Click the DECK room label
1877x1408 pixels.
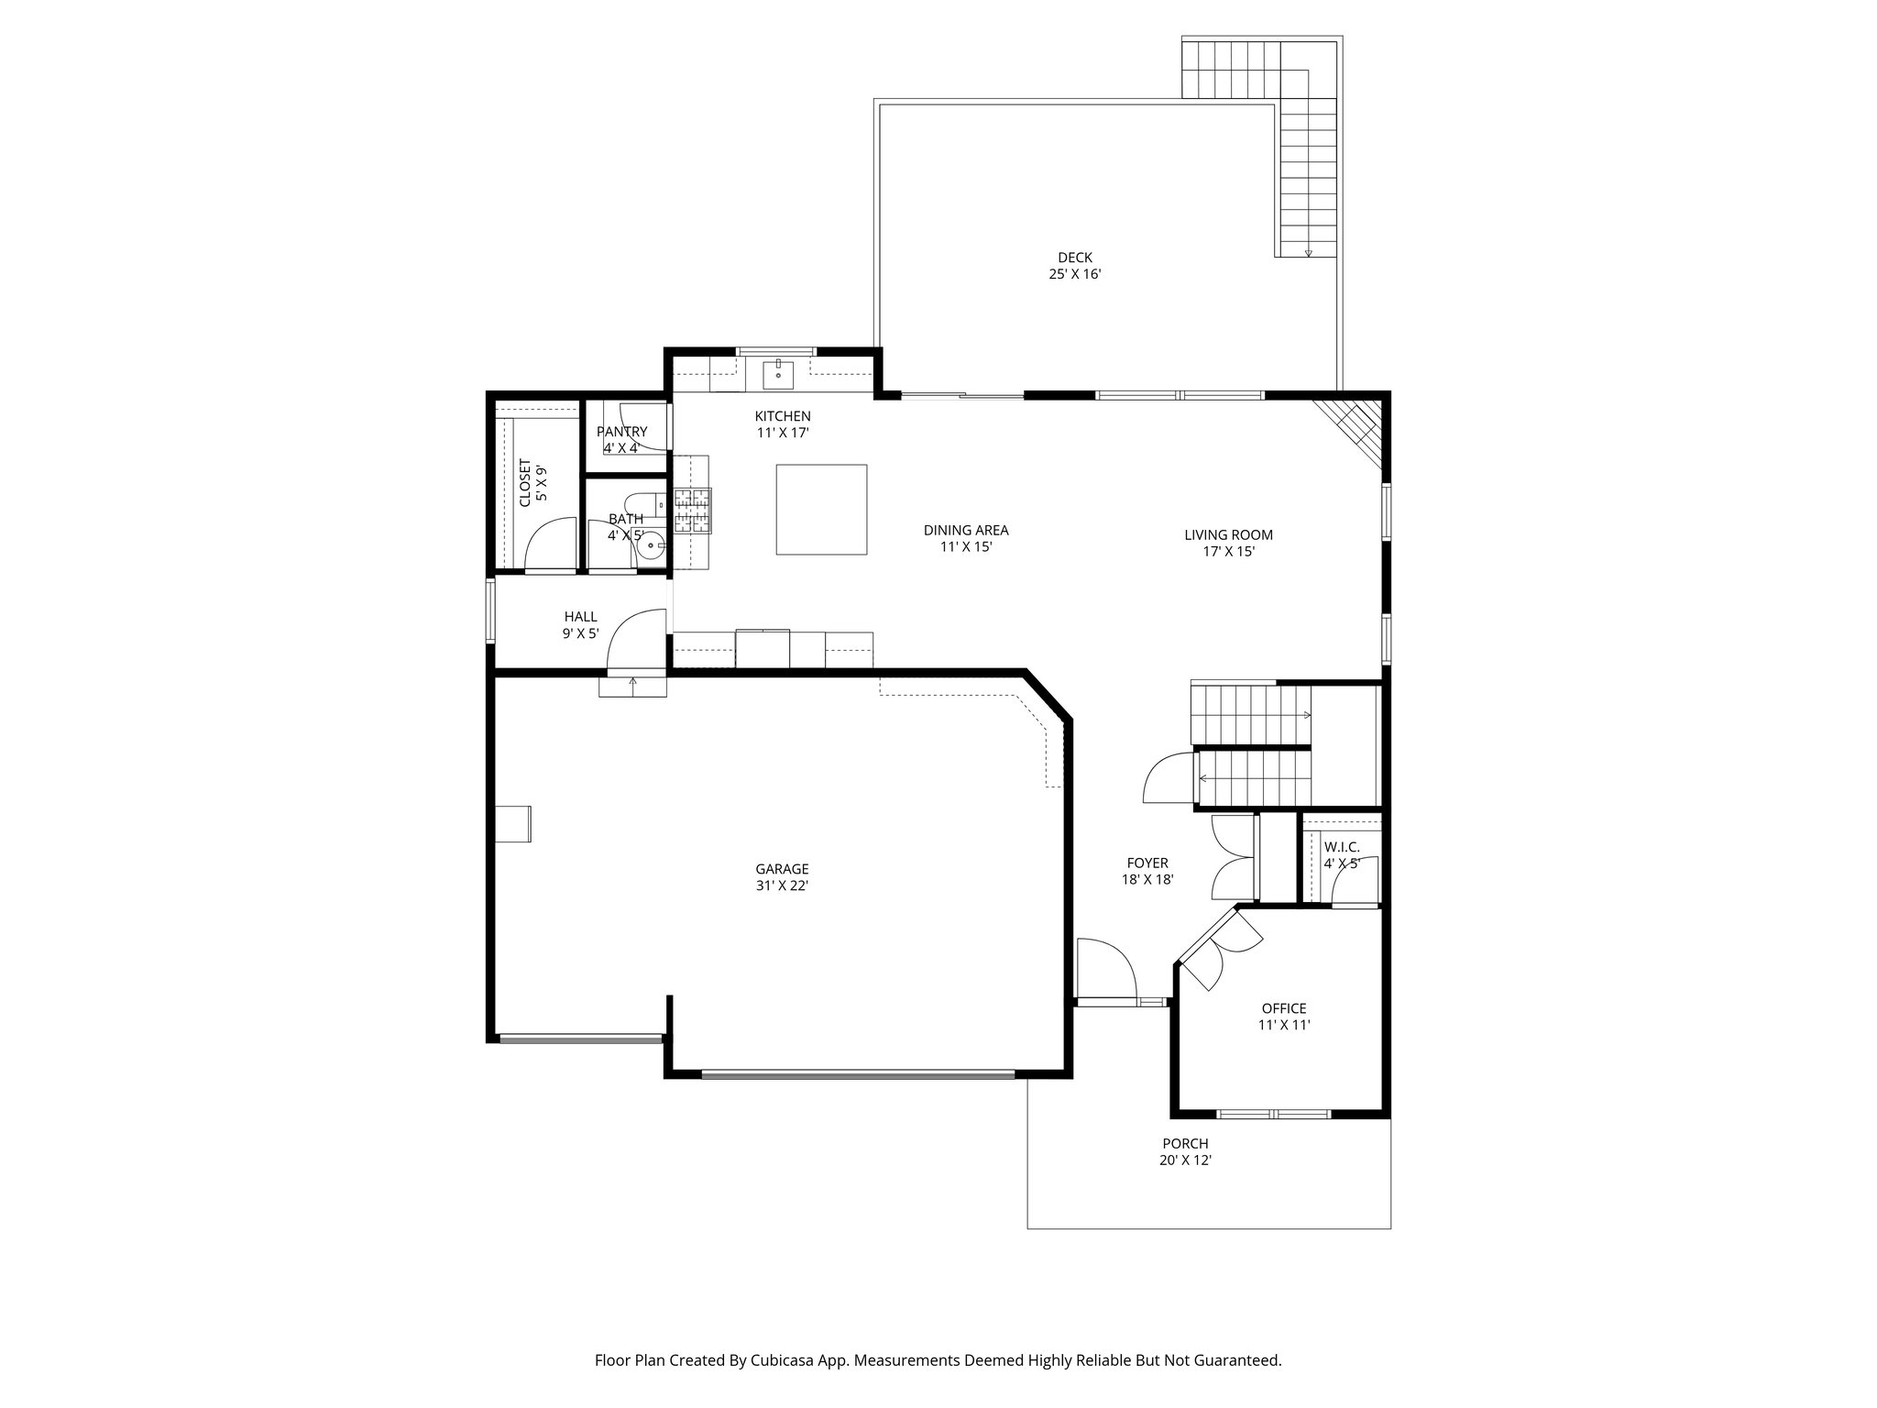(x=1074, y=258)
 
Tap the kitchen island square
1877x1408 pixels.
(x=821, y=509)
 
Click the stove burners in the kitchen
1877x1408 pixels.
(x=692, y=510)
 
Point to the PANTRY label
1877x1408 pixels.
(x=621, y=432)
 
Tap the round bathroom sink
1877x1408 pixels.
(x=653, y=546)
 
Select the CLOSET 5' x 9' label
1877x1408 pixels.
(x=532, y=482)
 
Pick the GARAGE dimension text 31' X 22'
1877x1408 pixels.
(x=782, y=886)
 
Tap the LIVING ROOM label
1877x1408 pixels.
(x=1228, y=535)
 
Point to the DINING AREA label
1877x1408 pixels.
(x=966, y=531)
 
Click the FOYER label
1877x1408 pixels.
(x=1147, y=863)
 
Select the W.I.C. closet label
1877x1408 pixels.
(x=1341, y=848)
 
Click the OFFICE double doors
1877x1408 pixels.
(x=1219, y=953)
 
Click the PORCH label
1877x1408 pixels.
(x=1185, y=1144)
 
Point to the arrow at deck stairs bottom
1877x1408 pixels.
(x=1308, y=253)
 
